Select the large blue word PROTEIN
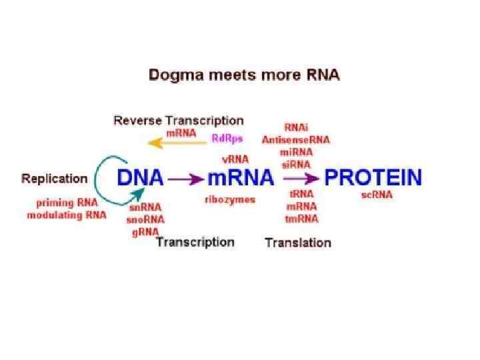373,178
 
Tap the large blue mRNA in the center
241,179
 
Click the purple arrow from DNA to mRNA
187,179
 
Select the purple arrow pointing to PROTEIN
301,179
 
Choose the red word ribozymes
229,199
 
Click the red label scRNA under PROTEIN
377,195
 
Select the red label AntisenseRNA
295,141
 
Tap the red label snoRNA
146,219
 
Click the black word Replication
55,179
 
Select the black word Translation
298,243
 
